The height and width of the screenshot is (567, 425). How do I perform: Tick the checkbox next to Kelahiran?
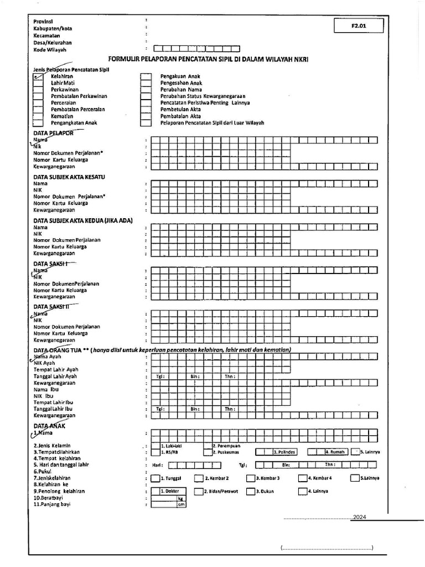38,76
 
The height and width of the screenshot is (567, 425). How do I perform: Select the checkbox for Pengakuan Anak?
146,76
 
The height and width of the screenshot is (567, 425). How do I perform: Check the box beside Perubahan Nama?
146,90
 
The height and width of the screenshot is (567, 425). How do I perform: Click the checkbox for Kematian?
38,116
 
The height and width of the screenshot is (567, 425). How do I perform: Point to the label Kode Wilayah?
50,49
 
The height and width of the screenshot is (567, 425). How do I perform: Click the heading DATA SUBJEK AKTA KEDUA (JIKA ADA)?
82,220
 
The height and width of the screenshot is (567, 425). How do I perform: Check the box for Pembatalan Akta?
146,116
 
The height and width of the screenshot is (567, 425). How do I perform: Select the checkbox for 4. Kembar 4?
303,478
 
